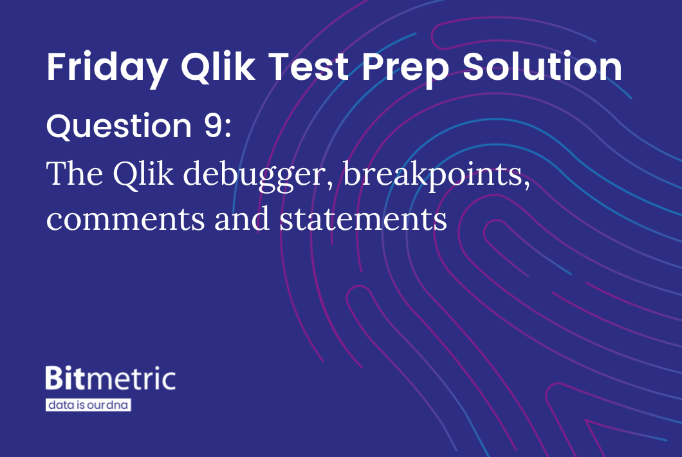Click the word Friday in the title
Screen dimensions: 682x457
(107, 68)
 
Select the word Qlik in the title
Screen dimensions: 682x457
(218, 67)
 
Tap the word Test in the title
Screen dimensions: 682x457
(308, 67)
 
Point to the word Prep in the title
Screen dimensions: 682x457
(405, 70)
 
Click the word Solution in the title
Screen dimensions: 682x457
(542, 66)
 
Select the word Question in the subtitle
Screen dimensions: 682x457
(119, 126)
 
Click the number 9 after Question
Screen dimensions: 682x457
(213, 126)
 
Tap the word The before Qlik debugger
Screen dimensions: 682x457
(75, 173)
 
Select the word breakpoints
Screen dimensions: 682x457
(433, 175)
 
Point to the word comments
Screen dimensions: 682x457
(125, 219)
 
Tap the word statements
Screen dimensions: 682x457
(363, 219)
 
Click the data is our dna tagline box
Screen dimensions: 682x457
(88, 405)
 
